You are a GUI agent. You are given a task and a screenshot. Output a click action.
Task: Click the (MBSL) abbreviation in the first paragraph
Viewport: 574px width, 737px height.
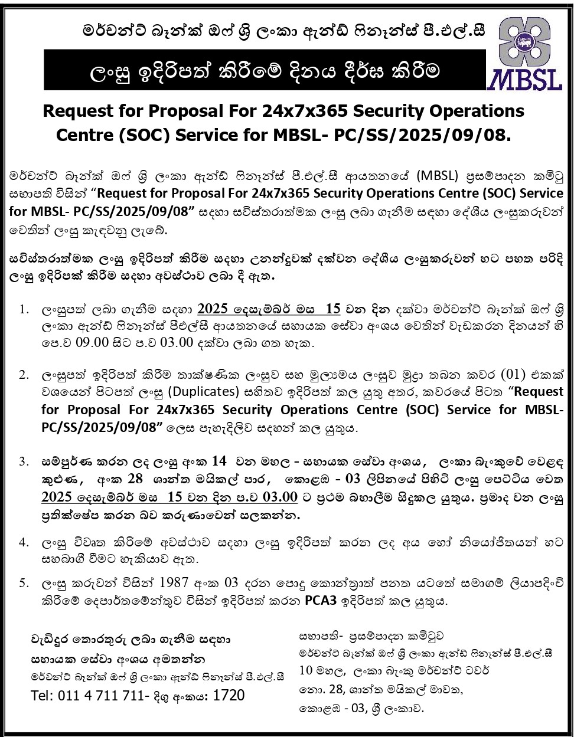pyautogui.click(x=439, y=176)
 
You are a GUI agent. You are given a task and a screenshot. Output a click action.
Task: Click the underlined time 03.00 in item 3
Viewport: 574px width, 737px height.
pyautogui.click(x=277, y=498)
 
